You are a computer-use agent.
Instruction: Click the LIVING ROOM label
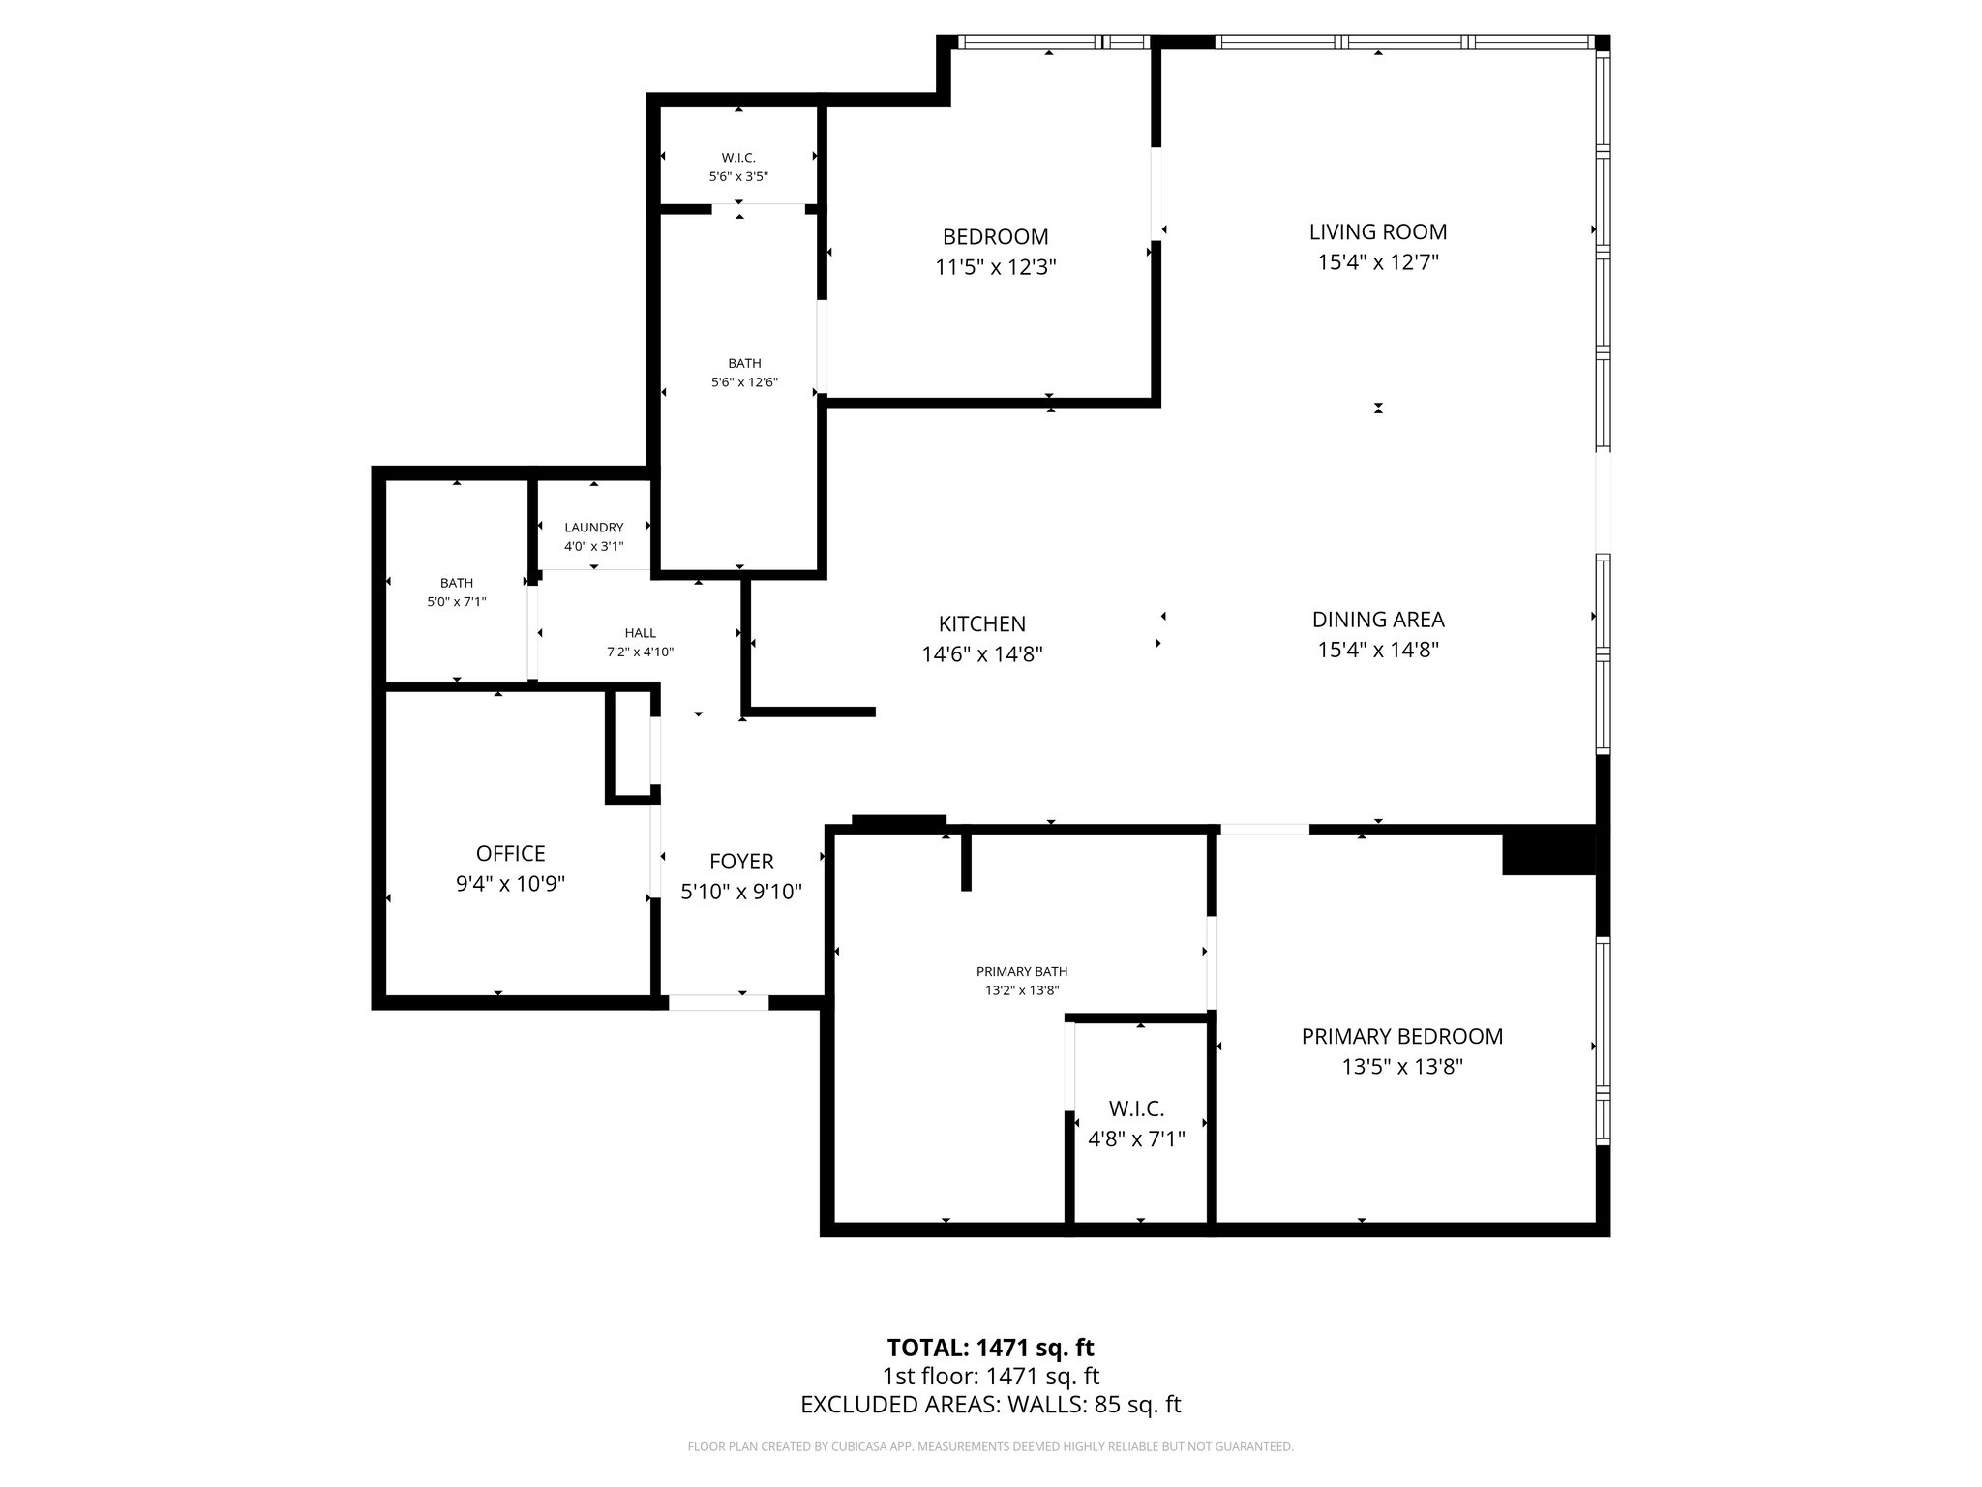pyautogui.click(x=1377, y=232)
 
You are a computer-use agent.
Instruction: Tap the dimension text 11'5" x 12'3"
pyautogui.click(x=995, y=267)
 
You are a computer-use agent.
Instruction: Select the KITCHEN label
pyautogui.click(x=981, y=624)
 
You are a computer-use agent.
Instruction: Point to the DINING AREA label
pyautogui.click(x=1377, y=620)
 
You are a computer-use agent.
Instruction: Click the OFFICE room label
pyautogui.click(x=510, y=854)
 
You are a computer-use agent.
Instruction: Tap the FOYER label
pyautogui.click(x=741, y=862)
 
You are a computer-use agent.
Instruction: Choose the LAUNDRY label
pyautogui.click(x=594, y=528)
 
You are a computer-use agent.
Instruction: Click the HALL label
pyautogui.click(x=640, y=633)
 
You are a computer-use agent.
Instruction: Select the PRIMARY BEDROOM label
pyautogui.click(x=1401, y=1037)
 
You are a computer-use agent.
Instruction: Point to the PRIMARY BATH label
pyautogui.click(x=1022, y=972)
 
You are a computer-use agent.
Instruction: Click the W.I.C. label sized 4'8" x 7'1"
pyautogui.click(x=1136, y=1109)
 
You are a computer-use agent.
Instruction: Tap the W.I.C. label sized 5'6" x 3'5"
pyautogui.click(x=738, y=158)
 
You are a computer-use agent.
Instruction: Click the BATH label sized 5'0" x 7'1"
pyautogui.click(x=457, y=583)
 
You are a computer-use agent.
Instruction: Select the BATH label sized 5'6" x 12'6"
pyautogui.click(x=744, y=364)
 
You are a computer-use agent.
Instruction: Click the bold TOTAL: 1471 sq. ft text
pyautogui.click(x=990, y=1348)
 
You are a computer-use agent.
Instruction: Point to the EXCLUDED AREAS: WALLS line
pyautogui.click(x=990, y=1405)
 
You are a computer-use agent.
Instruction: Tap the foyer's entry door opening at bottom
pyautogui.click(x=718, y=1003)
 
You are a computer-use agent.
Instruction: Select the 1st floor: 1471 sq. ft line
pyautogui.click(x=990, y=1376)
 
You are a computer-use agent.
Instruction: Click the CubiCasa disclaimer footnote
pyautogui.click(x=990, y=1447)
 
